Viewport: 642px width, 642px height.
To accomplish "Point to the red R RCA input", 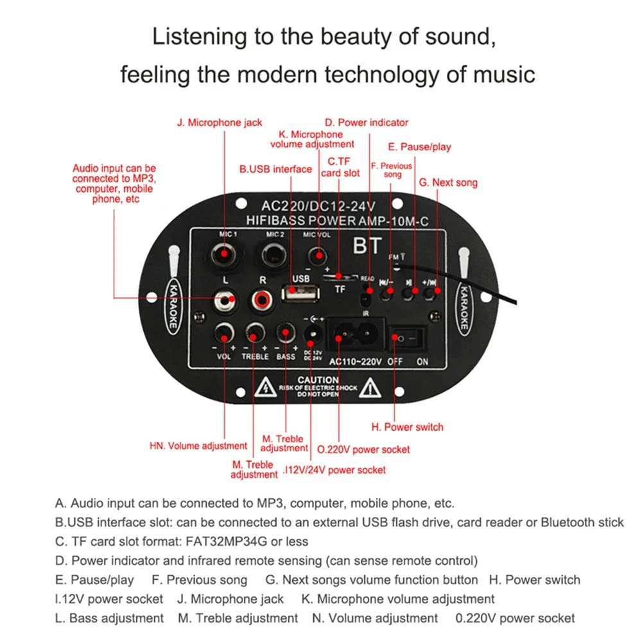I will point(262,299).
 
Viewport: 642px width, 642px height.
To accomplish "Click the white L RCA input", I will point(225,299).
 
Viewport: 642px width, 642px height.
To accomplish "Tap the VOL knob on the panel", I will point(225,333).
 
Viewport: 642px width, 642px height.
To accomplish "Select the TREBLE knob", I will point(256,333).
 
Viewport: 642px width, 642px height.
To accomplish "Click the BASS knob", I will point(286,333).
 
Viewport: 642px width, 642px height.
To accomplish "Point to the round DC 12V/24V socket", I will point(314,333).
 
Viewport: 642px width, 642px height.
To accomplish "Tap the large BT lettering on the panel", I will point(367,247).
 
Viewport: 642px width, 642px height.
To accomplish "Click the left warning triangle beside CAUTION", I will point(265,387).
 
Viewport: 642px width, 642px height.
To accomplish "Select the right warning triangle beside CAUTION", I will point(370,387).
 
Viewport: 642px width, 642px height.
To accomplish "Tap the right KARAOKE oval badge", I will point(464,307).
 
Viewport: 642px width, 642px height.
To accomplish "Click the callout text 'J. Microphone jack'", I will point(220,122).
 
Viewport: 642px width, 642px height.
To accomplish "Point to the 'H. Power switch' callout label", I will point(407,427).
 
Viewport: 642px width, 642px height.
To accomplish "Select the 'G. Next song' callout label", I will point(448,182).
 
